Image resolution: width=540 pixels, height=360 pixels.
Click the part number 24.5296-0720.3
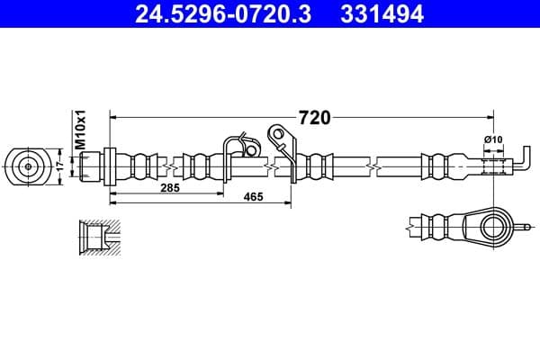click(x=223, y=14)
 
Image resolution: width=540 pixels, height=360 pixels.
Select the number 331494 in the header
click(x=382, y=14)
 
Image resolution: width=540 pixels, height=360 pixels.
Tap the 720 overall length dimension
click(x=314, y=118)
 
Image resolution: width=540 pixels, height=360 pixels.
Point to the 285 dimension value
click(x=170, y=188)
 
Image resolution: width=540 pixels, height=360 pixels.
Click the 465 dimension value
click(x=253, y=197)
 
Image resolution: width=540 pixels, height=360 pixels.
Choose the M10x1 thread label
click(x=80, y=130)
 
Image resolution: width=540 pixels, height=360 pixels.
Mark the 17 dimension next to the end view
click(x=60, y=166)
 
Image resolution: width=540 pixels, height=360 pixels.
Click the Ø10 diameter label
click(x=493, y=139)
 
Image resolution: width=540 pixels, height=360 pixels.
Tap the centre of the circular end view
click(x=28, y=166)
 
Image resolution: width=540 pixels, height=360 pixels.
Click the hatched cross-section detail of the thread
click(x=100, y=238)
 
